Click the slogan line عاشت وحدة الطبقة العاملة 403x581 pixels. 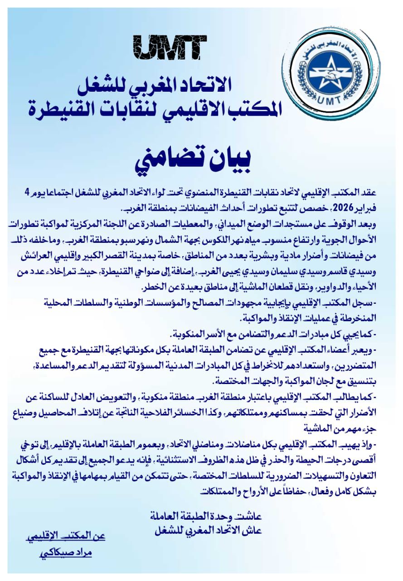tap(206, 517)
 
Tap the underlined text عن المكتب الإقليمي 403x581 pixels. tap(66, 537)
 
